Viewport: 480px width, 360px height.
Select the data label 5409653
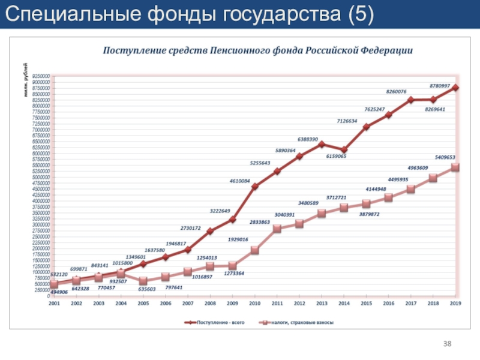[x=445, y=157]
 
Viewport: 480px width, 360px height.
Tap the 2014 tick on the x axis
[x=344, y=304]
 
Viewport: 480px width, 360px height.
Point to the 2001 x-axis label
[x=54, y=304]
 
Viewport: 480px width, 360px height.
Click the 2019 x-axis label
[x=455, y=304]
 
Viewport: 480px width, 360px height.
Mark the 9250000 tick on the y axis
[x=41, y=76]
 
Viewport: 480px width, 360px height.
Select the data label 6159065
[x=337, y=156]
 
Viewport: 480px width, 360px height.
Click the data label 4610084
[x=239, y=181]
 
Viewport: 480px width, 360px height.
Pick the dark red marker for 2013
[x=322, y=144]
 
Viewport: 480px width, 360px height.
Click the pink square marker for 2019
[x=455, y=167]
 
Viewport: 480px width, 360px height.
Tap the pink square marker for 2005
[x=143, y=281]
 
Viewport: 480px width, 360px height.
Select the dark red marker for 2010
[x=255, y=187]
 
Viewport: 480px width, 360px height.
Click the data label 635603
[x=147, y=289]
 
